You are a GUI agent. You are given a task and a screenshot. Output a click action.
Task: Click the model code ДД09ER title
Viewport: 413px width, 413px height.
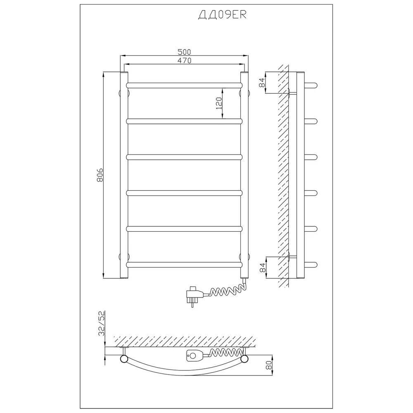click(x=222, y=15)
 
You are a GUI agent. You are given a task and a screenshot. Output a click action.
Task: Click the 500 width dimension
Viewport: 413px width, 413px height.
click(x=184, y=52)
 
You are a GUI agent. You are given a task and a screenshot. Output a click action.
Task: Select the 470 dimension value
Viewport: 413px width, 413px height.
click(x=184, y=60)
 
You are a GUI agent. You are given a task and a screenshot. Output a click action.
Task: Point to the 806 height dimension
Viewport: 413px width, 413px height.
click(x=100, y=175)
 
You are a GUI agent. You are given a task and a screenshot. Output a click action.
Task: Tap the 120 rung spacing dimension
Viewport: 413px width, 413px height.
click(x=219, y=103)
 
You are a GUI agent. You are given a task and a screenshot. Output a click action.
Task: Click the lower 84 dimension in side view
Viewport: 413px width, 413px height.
click(x=263, y=267)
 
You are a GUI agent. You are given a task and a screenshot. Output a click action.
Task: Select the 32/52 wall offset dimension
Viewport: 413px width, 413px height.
click(x=102, y=323)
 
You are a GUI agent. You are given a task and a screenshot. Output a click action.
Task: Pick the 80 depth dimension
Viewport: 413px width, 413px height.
click(x=269, y=366)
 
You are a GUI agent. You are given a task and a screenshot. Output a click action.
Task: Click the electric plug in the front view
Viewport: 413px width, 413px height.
click(x=195, y=296)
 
